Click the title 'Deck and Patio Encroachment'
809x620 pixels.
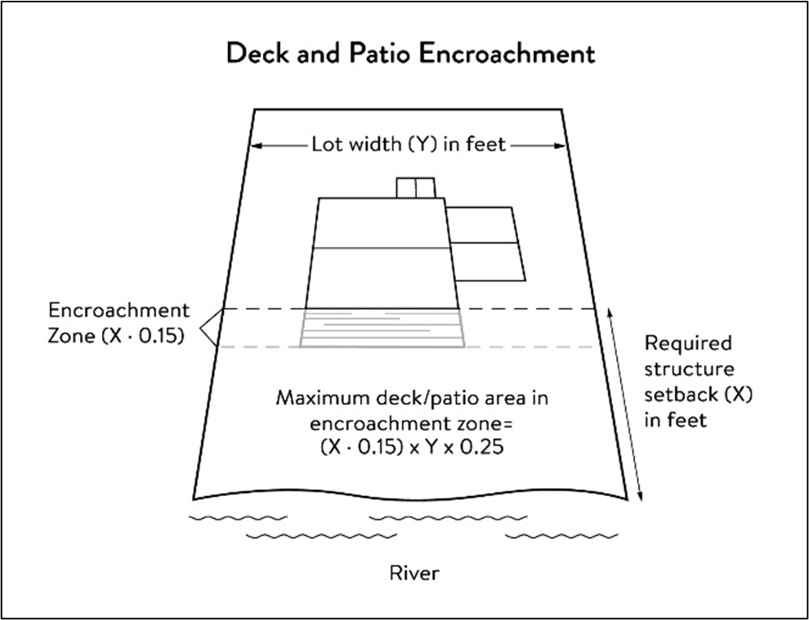pos(411,54)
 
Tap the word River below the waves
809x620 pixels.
pos(415,573)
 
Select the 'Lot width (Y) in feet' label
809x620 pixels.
pos(409,145)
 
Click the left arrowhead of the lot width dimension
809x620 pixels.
pos(255,145)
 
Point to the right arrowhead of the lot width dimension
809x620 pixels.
pos(561,145)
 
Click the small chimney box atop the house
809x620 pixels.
pos(415,188)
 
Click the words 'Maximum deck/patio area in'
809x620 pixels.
pos(412,398)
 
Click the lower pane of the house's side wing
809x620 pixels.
pos(488,261)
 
